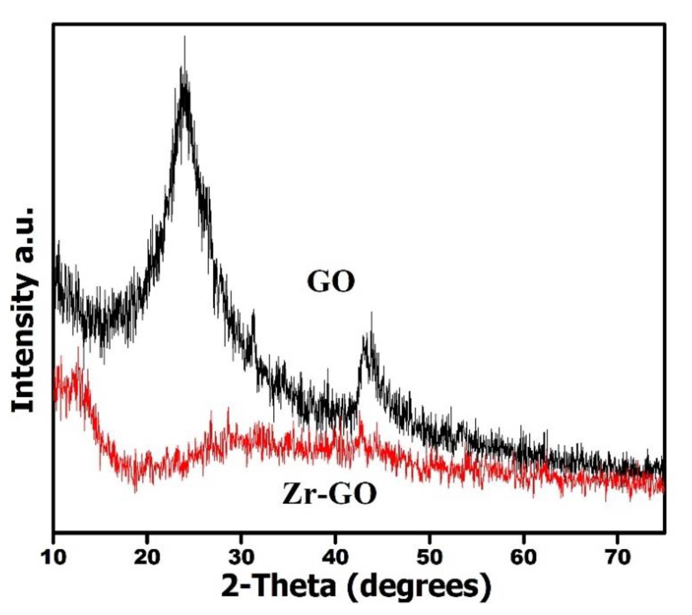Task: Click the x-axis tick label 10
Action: (54, 557)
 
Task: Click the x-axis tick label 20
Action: (147, 557)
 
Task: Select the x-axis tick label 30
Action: (241, 557)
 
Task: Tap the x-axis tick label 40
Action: (335, 557)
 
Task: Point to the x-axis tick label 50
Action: (429, 557)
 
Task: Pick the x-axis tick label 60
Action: (523, 557)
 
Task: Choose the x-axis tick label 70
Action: (618, 557)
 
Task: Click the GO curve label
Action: (331, 282)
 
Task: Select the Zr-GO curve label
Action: (329, 494)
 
